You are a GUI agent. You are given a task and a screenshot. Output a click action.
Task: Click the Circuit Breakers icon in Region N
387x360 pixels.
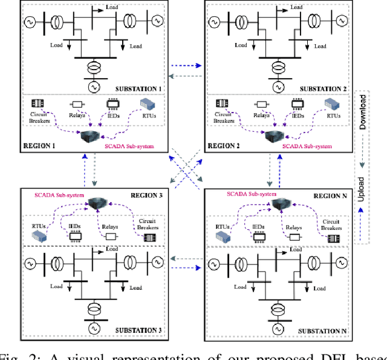(330, 237)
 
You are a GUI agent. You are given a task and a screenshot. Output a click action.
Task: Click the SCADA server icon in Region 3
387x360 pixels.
(94, 204)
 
